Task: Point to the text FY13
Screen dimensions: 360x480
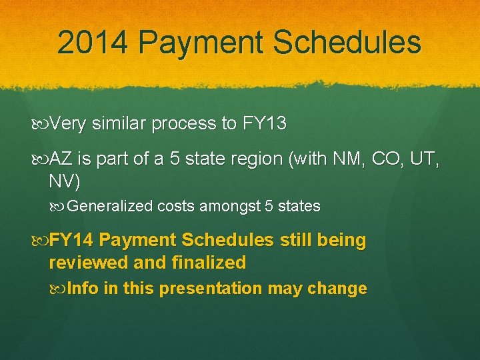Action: tap(264, 124)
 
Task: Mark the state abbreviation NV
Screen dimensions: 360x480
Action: tap(62, 181)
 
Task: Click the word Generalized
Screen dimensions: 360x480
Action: tap(110, 207)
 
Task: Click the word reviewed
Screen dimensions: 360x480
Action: tap(89, 263)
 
